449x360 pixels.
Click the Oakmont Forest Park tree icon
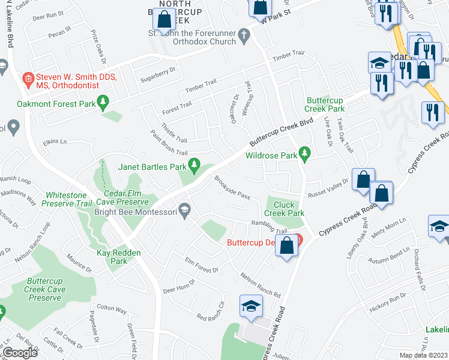pos(103,103)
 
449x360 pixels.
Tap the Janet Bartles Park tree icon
pos(194,164)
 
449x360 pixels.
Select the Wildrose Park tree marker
pos(304,155)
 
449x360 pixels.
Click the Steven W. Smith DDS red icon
pos(27,78)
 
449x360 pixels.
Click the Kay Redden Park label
pos(119,257)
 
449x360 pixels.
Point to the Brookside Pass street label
pos(232,188)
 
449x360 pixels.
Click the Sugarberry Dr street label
pos(157,70)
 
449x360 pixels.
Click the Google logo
pos(20,353)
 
